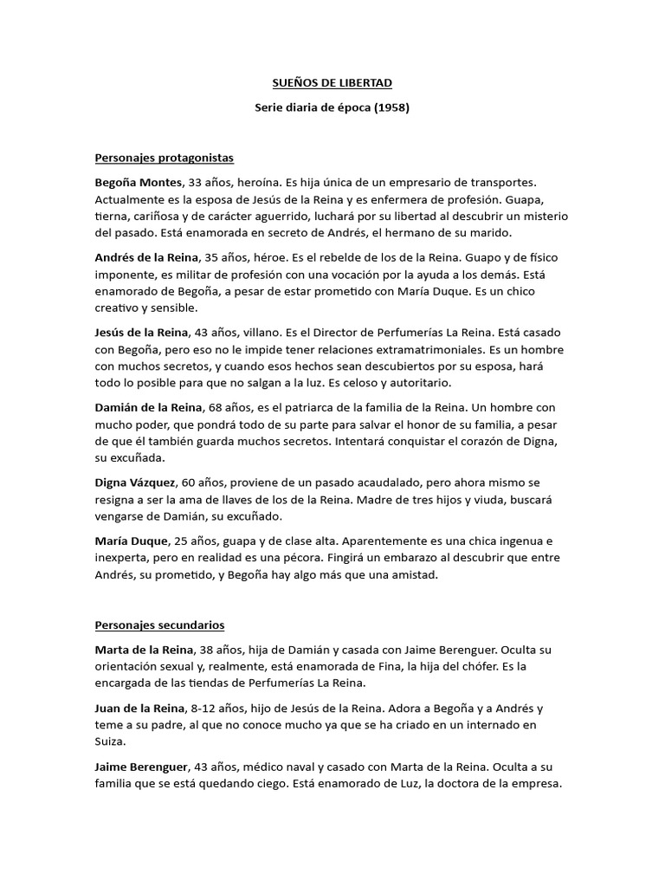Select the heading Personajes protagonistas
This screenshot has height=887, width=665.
[x=165, y=159]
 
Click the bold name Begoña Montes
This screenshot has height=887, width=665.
[x=139, y=183]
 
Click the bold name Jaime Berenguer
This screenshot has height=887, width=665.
[x=142, y=767]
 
